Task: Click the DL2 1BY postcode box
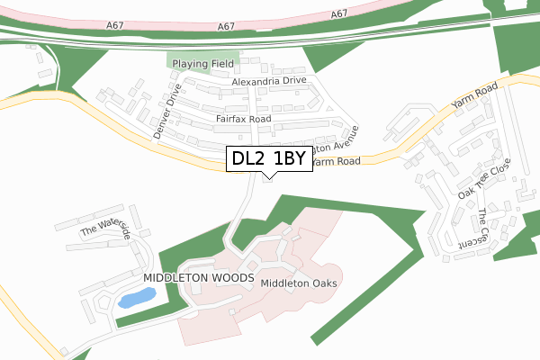270,159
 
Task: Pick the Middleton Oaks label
298,283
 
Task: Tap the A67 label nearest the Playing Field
227,27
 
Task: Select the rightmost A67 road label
339,14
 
